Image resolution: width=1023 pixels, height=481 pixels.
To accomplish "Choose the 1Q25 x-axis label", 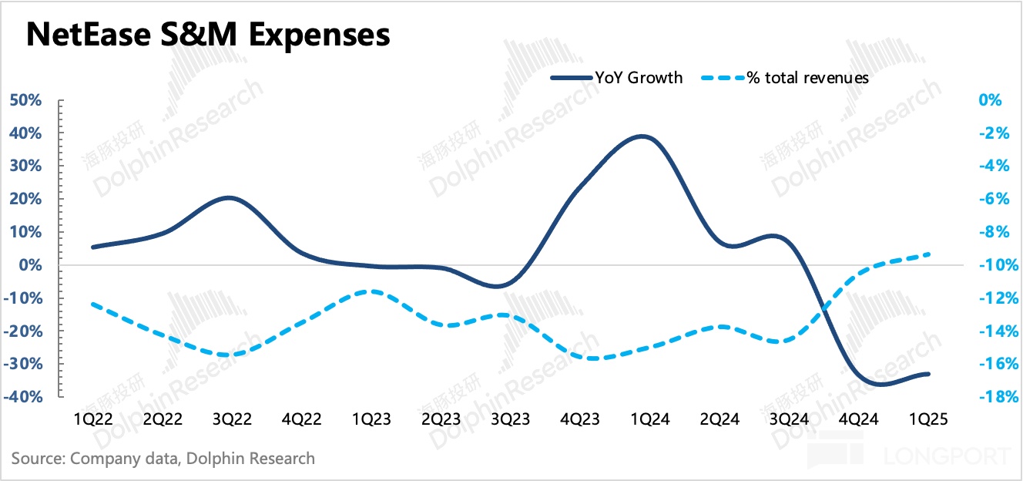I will point(928,419).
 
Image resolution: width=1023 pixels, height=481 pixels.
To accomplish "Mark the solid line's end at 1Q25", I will point(928,374).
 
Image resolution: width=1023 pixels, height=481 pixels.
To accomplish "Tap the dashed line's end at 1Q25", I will point(928,254).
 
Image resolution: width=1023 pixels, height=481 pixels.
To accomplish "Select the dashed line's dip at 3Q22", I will point(224,355).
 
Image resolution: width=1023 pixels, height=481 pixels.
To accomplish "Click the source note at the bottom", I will point(163,458).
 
